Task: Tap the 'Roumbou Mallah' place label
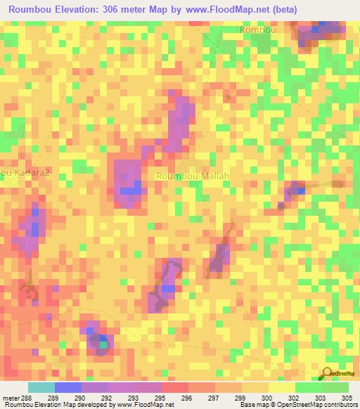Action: point(193,176)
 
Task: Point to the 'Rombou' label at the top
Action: point(258,30)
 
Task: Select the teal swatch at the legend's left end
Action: point(41,387)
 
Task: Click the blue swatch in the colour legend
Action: point(68,387)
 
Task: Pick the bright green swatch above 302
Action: point(309,387)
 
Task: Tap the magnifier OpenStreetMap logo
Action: point(328,374)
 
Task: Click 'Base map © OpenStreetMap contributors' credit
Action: point(296,404)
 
